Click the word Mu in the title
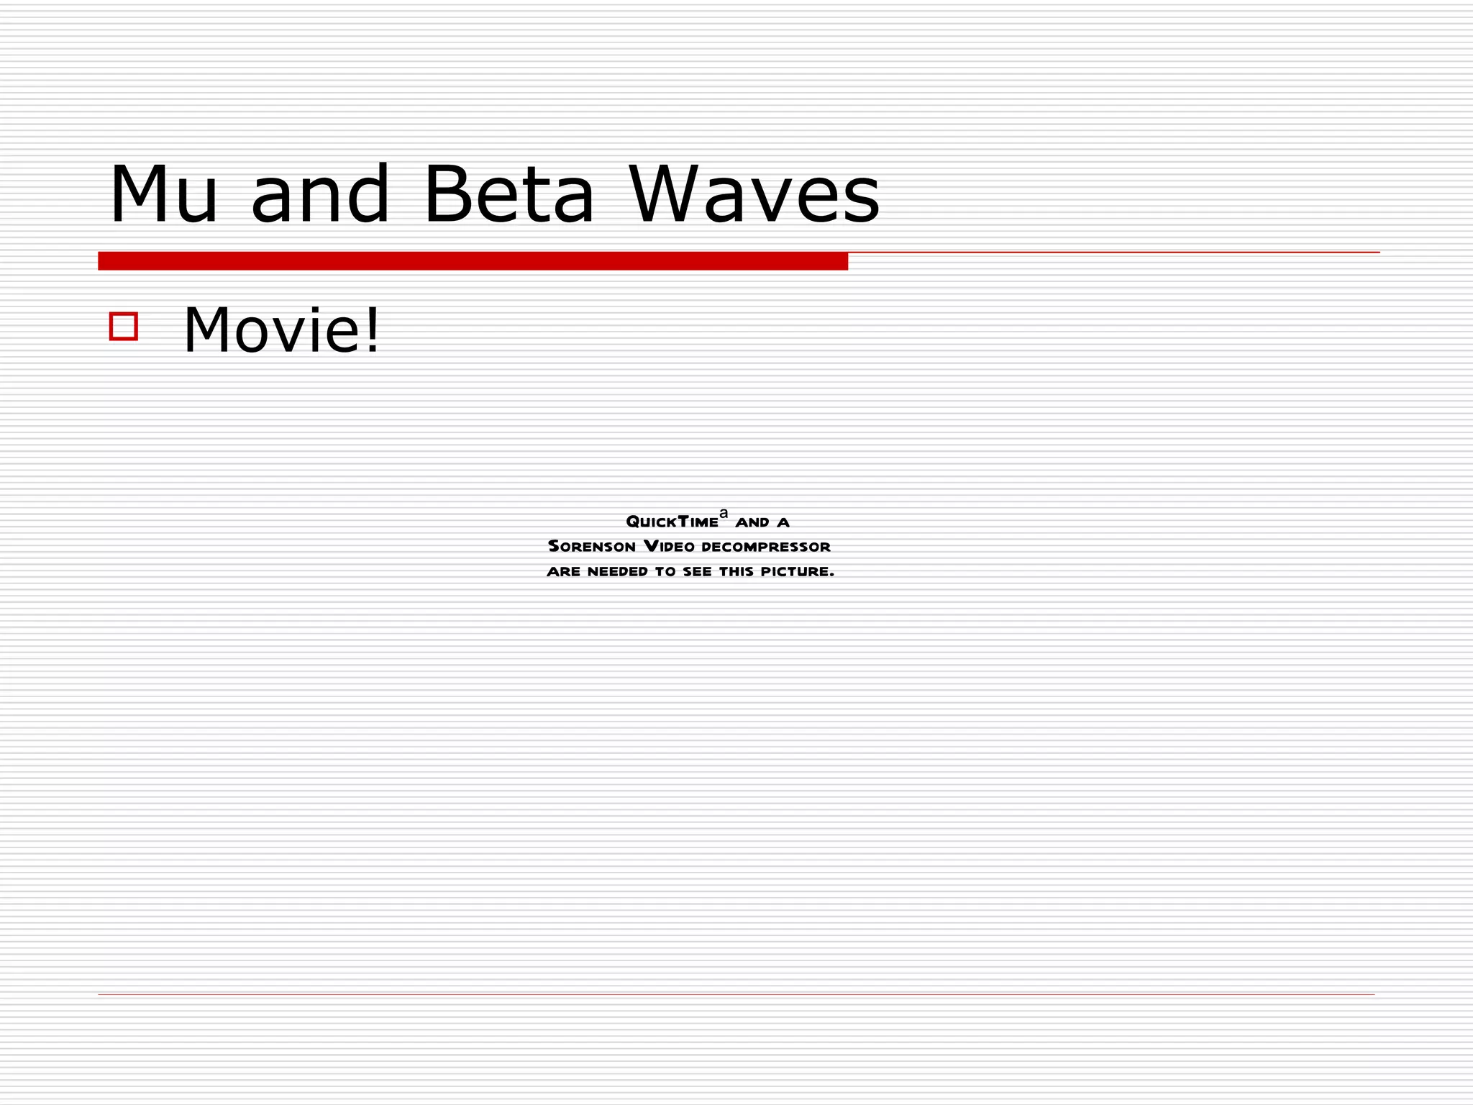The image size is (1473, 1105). tap(163, 195)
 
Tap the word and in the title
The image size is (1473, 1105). tap(320, 195)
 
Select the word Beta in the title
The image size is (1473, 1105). tap(509, 195)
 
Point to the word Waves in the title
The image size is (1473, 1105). tap(754, 195)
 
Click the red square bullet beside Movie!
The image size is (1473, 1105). tap(124, 326)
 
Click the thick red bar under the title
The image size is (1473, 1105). tap(473, 261)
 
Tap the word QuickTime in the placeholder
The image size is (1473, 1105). tap(672, 522)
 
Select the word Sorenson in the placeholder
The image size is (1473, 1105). tap(592, 547)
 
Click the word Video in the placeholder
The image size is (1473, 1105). tap(669, 547)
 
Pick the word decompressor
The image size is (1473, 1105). tap(766, 547)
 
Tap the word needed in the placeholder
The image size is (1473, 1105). tap(618, 572)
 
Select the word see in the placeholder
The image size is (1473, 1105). tap(697, 572)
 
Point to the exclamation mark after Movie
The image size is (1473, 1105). tap(373, 330)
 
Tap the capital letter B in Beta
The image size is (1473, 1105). tap(446, 194)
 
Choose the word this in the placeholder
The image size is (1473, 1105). tap(736, 572)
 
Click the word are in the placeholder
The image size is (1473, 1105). tap(563, 572)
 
